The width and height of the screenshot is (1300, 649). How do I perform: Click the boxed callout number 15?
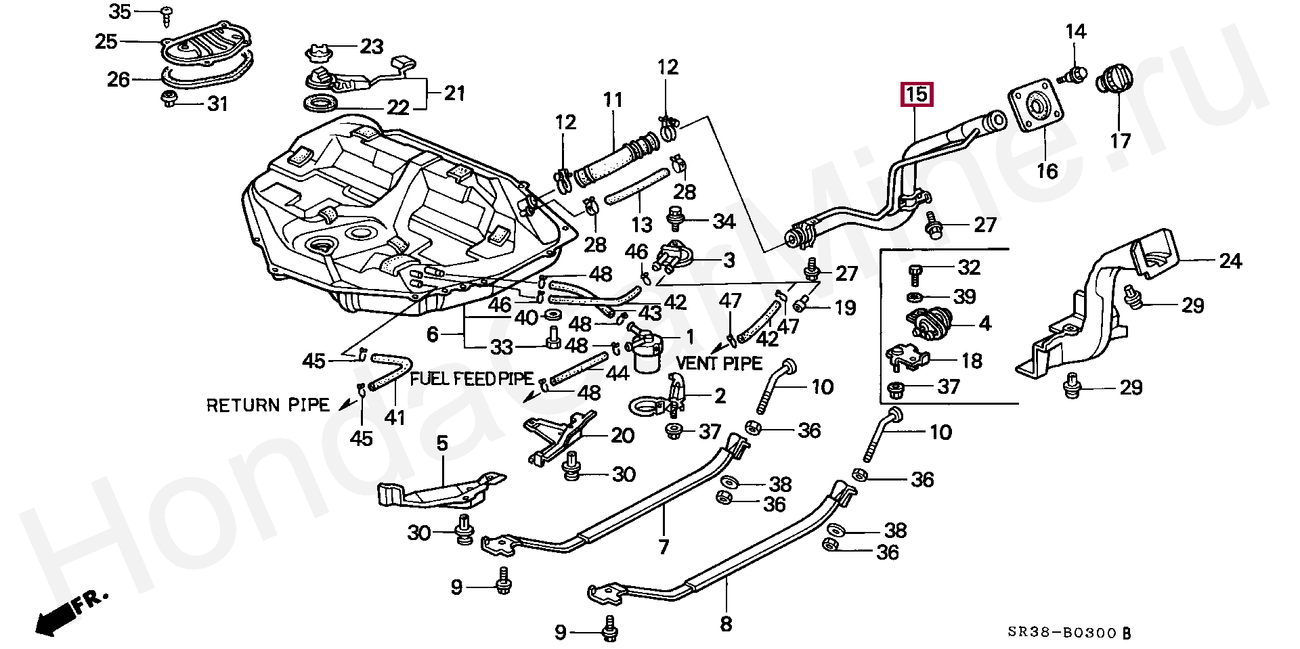[x=916, y=95]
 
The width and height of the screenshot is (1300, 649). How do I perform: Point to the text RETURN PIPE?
[x=267, y=405]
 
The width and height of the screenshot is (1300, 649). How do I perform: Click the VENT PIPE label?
[x=719, y=363]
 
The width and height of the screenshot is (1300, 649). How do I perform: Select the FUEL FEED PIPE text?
[x=473, y=378]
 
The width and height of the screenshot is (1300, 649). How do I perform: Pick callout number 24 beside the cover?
[x=1230, y=261]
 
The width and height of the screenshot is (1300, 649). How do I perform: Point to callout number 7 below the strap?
[x=664, y=546]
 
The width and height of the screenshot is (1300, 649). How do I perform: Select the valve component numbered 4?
[x=930, y=323]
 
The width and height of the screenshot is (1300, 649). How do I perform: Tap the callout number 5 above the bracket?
[x=442, y=444]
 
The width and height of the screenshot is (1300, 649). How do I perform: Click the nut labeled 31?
[x=169, y=100]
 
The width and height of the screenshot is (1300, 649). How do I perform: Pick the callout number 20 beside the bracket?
[x=622, y=435]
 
